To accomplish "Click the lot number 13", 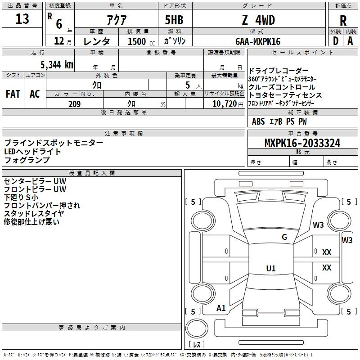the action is tap(22, 18).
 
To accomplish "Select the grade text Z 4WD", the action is tap(258, 20).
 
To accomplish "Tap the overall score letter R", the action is tap(343, 21).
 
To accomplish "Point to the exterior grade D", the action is tap(336, 41).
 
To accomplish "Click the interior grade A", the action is tap(350, 41).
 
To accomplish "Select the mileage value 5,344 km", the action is tap(57, 65).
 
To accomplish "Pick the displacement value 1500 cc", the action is tap(141, 41).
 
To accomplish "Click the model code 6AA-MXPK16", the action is tap(258, 41).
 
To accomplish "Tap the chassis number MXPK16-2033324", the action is tap(302, 143).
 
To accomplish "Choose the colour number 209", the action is tap(75, 104).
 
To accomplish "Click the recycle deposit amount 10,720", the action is tap(224, 104).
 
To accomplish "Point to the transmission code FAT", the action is tap(13, 94).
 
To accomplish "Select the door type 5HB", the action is tap(174, 20).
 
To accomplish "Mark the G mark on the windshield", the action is tap(284, 237).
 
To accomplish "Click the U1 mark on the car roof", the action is tap(271, 268).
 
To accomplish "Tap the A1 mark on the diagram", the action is tap(221, 308).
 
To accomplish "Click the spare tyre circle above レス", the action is tap(197, 328).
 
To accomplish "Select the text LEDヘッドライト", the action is tap(32, 152).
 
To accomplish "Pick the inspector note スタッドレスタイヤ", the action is tap(34, 213).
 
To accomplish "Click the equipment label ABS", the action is tap(258, 121).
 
